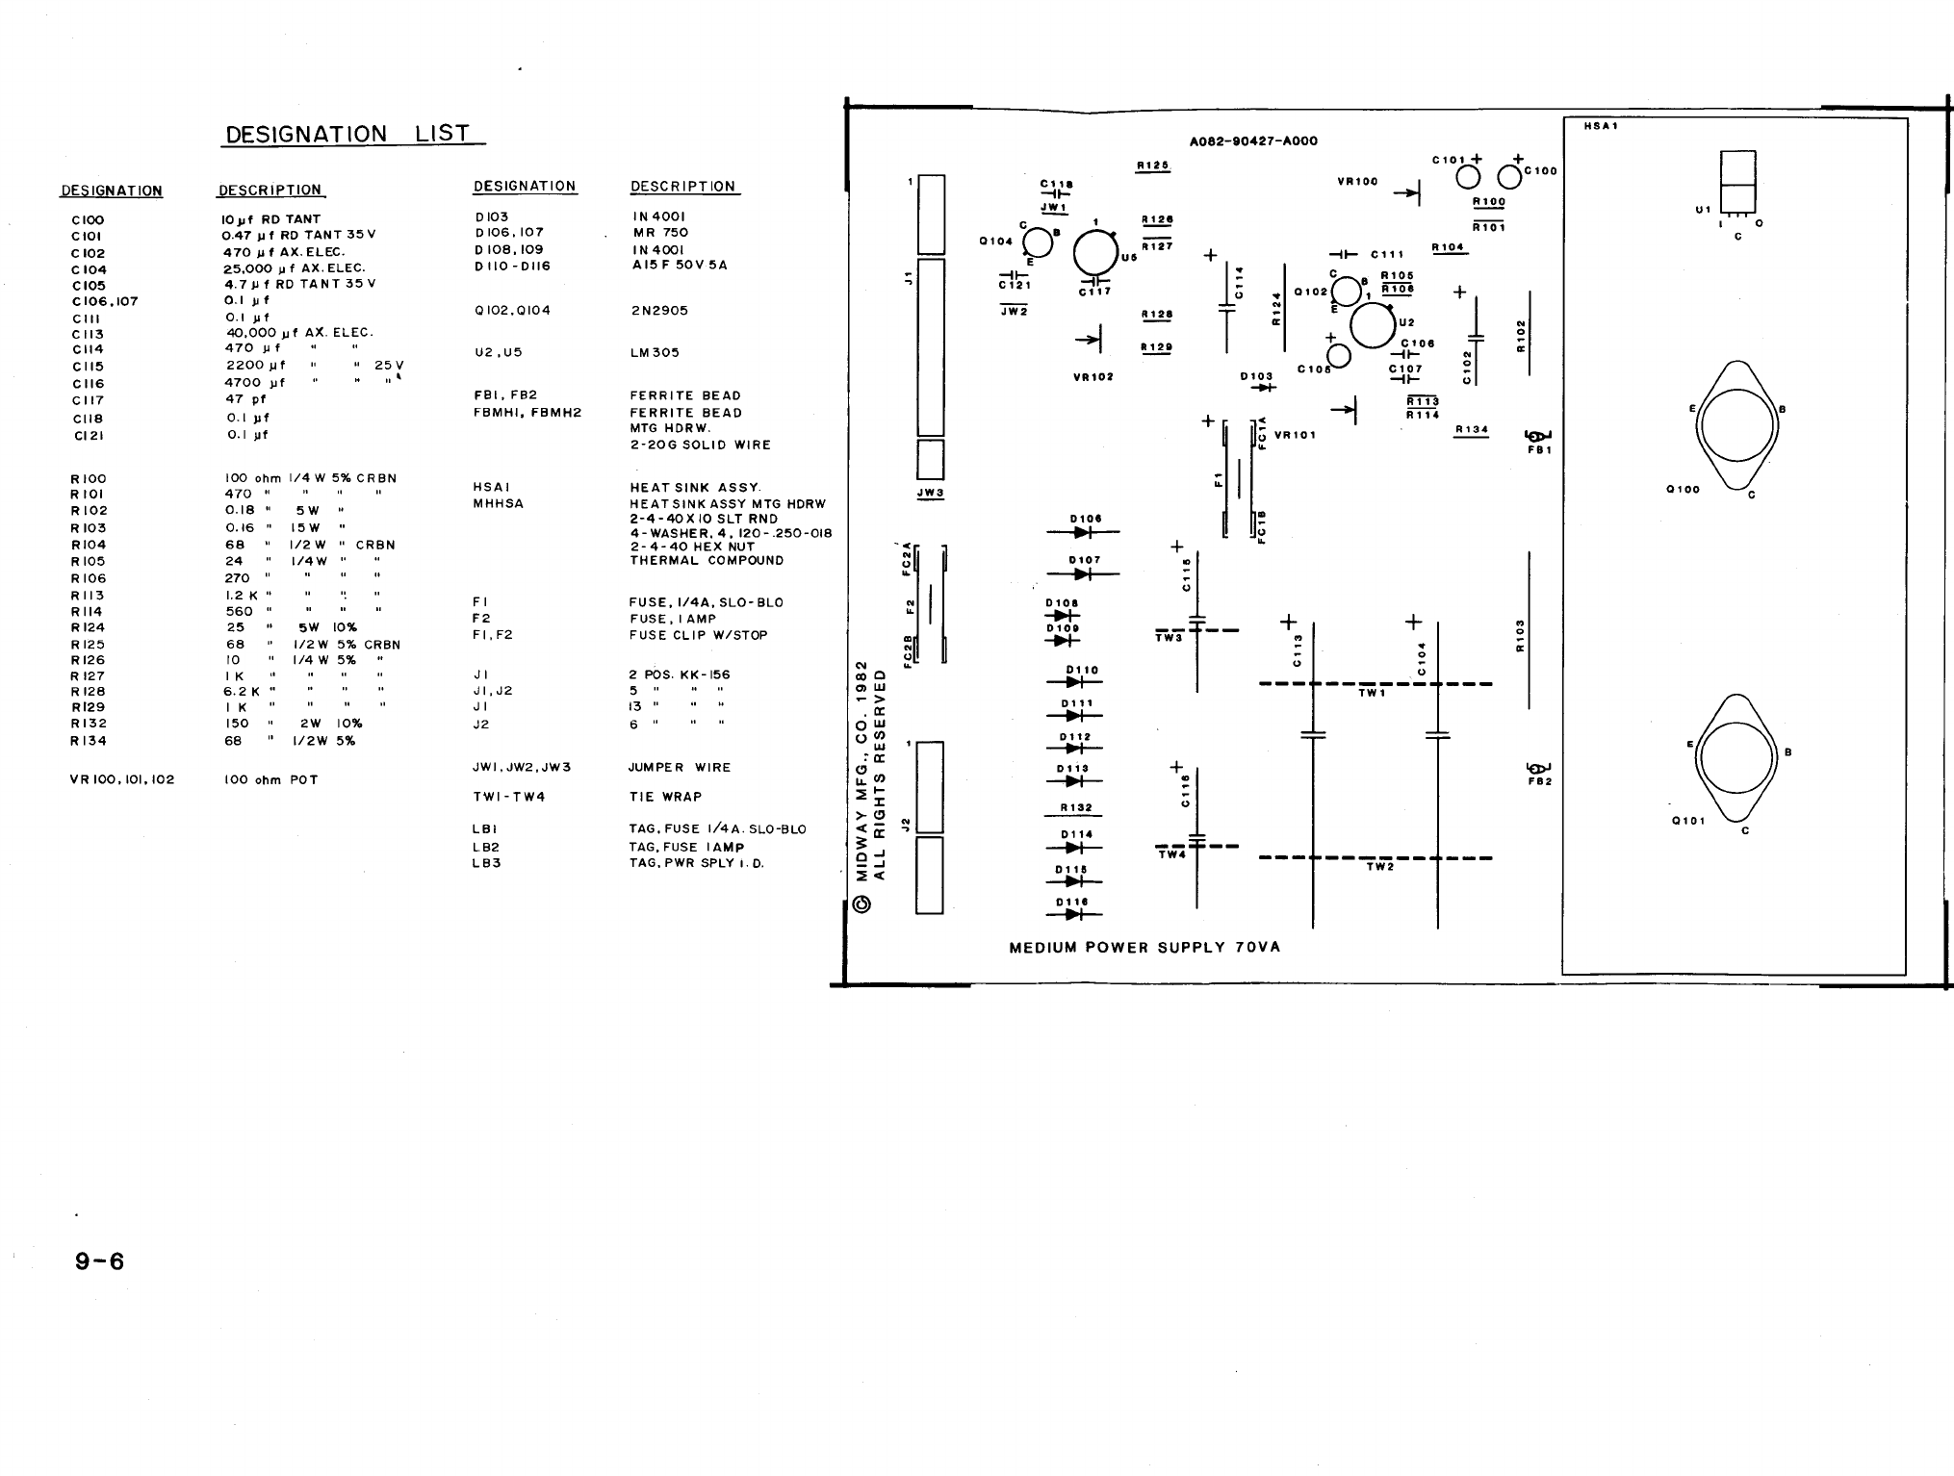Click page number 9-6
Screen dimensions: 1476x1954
point(100,1261)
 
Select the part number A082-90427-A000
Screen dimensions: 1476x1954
point(1253,141)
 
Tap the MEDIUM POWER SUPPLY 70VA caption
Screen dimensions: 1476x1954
point(1144,948)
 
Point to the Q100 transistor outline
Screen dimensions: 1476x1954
point(1736,427)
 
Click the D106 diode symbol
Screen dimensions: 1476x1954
point(1083,532)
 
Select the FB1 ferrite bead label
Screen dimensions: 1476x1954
point(1538,450)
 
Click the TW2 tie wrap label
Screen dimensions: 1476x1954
point(1379,867)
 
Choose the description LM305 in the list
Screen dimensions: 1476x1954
point(655,353)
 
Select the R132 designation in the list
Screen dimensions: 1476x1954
point(89,724)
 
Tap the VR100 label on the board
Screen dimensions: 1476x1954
point(1357,181)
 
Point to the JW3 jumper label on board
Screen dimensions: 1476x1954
point(930,494)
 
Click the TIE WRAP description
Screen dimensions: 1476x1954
point(665,797)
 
